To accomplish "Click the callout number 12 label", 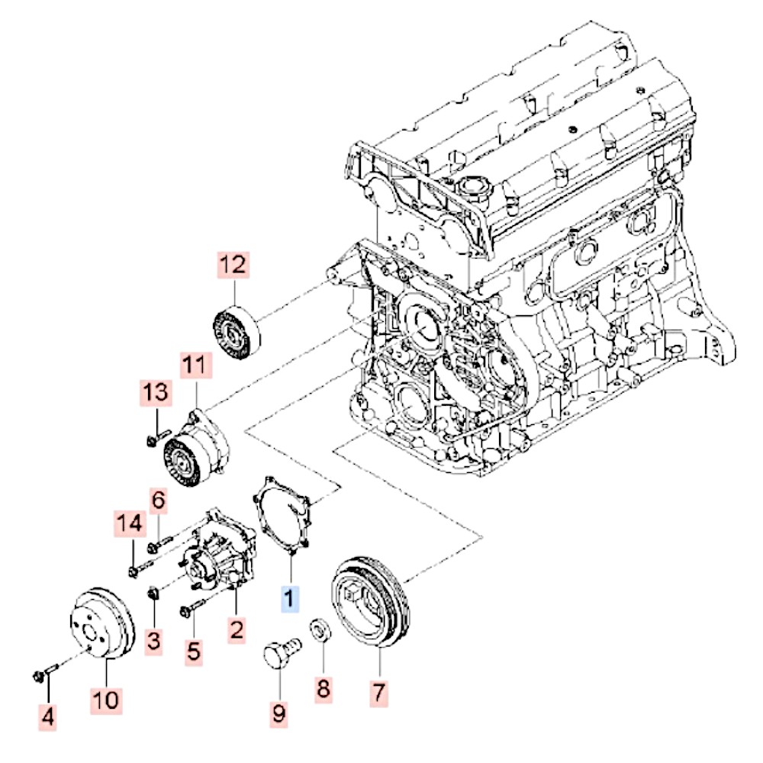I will [233, 265].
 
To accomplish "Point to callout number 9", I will [278, 713].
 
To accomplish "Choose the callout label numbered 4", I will [48, 716].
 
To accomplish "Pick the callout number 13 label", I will [156, 394].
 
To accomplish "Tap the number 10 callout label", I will [106, 699].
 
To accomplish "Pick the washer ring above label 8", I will [320, 631].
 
